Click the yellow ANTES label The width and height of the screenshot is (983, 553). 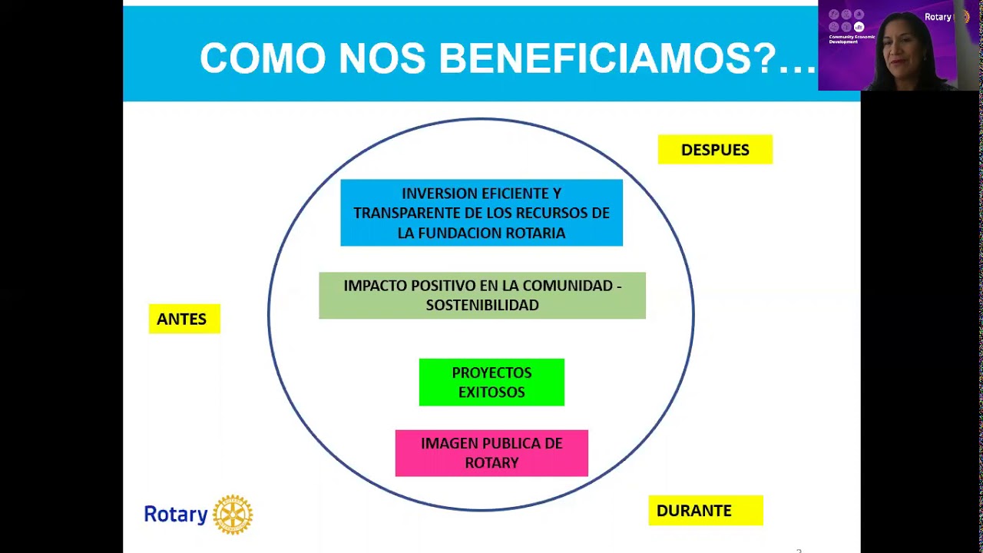point(184,319)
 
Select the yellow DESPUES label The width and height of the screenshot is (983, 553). point(715,150)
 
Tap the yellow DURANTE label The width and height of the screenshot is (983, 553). point(705,511)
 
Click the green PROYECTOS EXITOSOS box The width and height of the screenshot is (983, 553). point(491,382)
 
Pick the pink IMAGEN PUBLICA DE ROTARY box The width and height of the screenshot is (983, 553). point(491,453)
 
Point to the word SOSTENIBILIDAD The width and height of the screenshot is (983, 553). point(482,305)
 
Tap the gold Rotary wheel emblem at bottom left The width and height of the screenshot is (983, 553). point(233,515)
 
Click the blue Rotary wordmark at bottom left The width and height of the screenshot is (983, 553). point(176,515)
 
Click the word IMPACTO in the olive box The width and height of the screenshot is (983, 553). point(375,286)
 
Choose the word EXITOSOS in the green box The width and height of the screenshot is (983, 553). point(491,392)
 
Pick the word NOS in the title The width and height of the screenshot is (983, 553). point(382,58)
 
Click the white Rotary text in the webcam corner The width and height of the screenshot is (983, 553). point(937,17)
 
